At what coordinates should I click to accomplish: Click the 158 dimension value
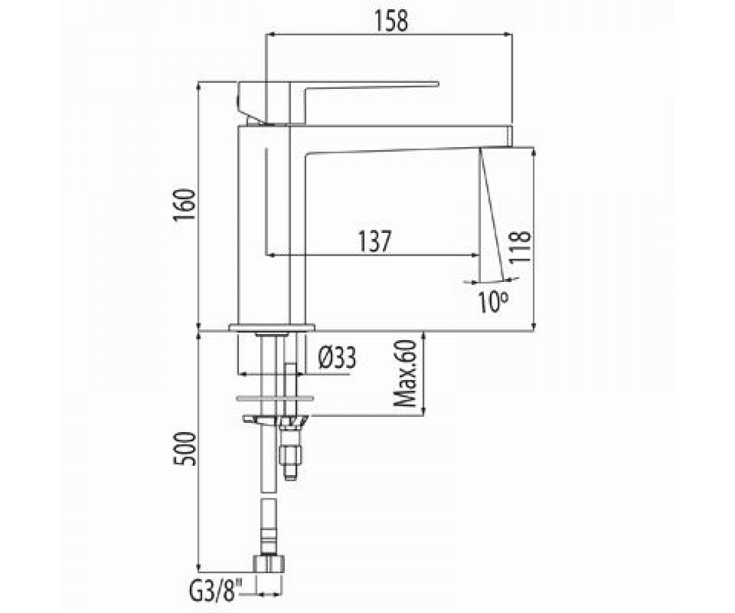coord(392,20)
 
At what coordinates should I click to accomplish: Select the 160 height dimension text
coord(184,205)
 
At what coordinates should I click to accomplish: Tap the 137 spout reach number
coord(374,242)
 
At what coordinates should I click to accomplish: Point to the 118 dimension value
coord(519,246)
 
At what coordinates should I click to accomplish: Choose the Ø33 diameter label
coord(337,357)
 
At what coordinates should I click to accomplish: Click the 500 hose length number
coord(184,449)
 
